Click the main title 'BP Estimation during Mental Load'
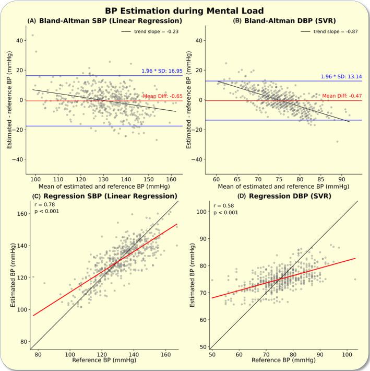tap(185, 10)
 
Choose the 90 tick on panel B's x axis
tap(341, 179)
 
